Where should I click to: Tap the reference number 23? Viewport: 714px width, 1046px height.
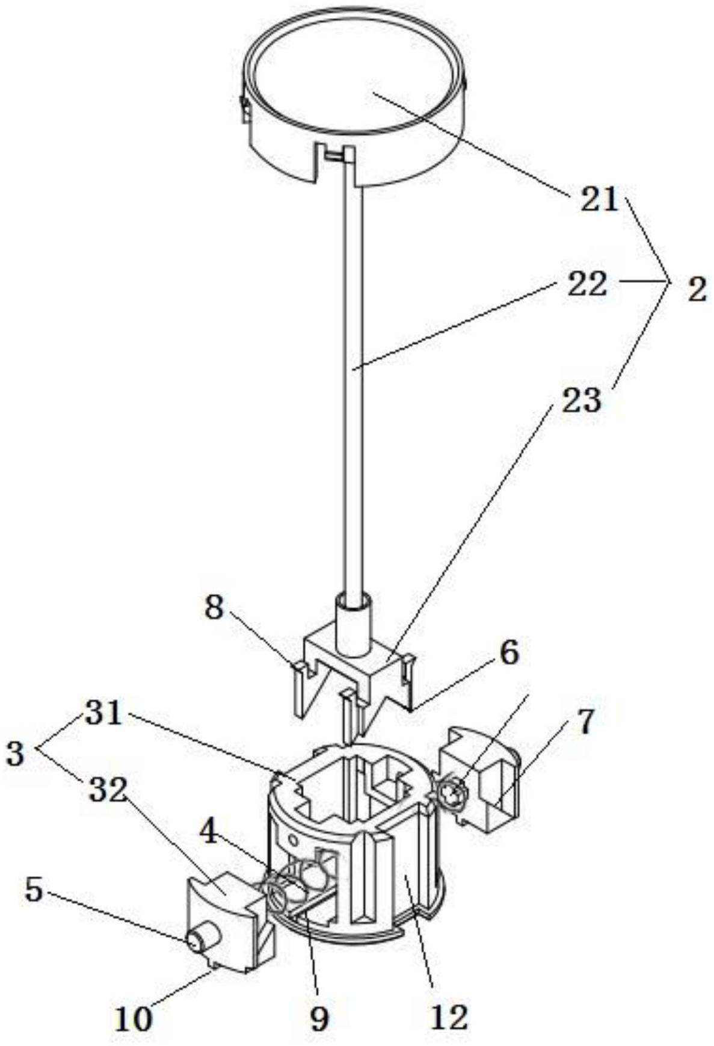pyautogui.click(x=581, y=399)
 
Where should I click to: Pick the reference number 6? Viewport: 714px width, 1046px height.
pyautogui.click(x=508, y=653)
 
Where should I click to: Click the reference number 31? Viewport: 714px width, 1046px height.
pyautogui.click(x=103, y=715)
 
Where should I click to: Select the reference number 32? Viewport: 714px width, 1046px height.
pyautogui.click(x=108, y=792)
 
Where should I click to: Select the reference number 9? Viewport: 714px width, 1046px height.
pyautogui.click(x=319, y=1018)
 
